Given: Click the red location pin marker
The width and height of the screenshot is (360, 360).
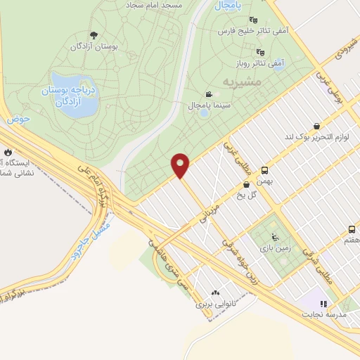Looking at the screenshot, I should (x=181, y=165).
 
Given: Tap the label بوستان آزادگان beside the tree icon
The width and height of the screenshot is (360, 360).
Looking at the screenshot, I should (x=93, y=46).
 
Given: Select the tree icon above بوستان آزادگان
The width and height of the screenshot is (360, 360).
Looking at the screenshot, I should (x=93, y=35).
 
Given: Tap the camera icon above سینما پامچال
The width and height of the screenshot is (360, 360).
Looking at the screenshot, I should (x=209, y=94).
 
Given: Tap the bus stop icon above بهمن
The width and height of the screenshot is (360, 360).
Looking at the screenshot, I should (x=264, y=170).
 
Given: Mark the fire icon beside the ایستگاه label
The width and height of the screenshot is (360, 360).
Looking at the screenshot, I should (x=8, y=151).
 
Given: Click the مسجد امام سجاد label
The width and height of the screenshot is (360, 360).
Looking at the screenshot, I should (x=155, y=4).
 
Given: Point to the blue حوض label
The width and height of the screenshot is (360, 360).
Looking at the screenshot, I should (x=18, y=120).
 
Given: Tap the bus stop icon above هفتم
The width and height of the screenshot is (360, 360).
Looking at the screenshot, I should (x=352, y=229).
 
